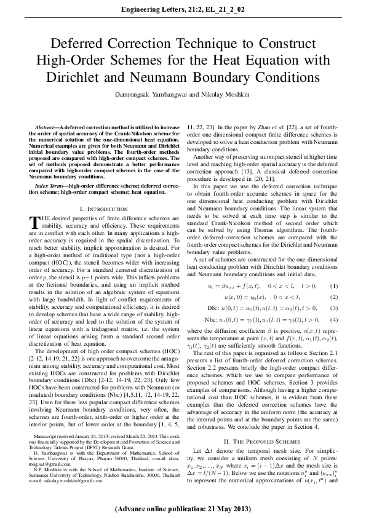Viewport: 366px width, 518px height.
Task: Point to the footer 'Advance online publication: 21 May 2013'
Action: pyautogui.click(x=183, y=509)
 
